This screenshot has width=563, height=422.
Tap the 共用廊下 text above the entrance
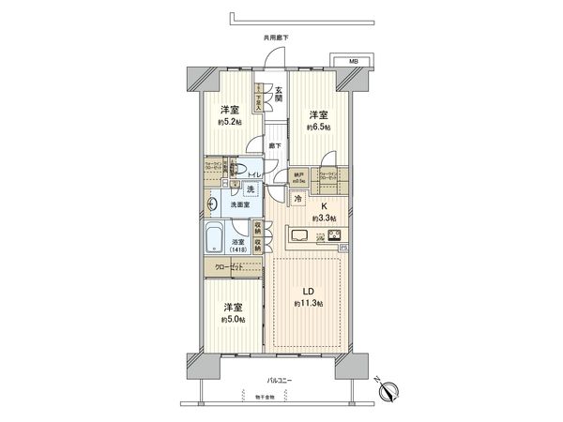pyautogui.click(x=276, y=37)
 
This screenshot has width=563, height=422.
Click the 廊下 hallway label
pyautogui.click(x=275, y=145)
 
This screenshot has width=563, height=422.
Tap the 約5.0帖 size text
pyautogui.click(x=233, y=318)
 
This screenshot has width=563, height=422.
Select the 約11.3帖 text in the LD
pyautogui.click(x=308, y=306)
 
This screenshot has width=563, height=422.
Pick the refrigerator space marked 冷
pyautogui.click(x=297, y=199)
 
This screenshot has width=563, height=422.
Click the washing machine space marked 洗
pyautogui.click(x=237, y=190)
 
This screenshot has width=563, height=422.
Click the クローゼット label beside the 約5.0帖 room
pyautogui.click(x=228, y=268)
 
